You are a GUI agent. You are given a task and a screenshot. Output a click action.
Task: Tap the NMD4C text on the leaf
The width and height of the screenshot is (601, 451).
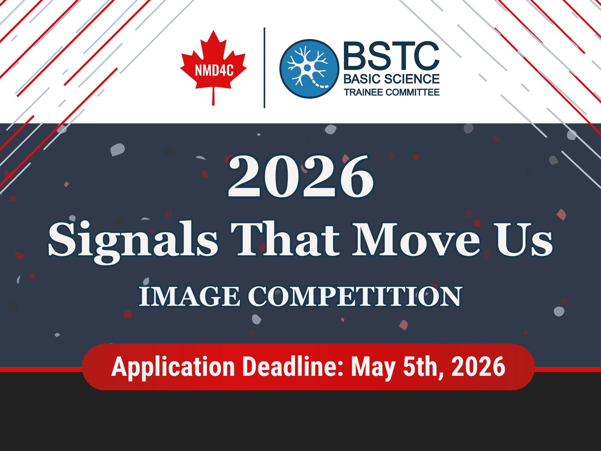point(214,71)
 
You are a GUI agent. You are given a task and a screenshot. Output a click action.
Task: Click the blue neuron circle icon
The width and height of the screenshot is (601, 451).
point(309,69)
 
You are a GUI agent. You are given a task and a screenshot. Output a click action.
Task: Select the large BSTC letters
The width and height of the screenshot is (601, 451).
point(391,56)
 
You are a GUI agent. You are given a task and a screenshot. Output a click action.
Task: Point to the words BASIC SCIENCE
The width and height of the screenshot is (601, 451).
point(391,79)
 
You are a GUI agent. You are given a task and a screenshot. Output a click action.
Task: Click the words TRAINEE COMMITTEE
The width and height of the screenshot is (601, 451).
point(392,92)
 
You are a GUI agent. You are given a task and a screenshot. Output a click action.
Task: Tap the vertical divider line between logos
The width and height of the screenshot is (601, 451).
point(264,68)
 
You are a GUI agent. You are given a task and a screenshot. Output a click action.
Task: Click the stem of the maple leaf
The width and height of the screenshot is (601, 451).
point(213,96)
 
